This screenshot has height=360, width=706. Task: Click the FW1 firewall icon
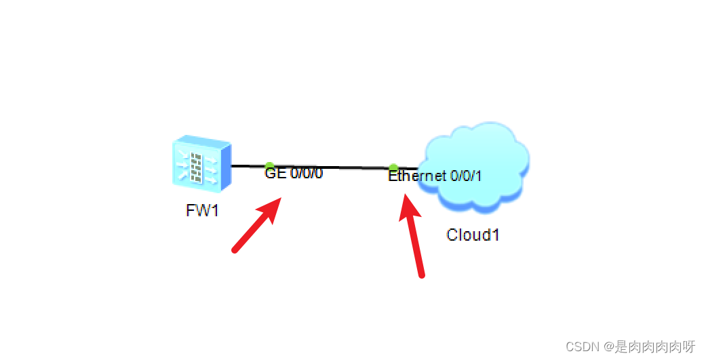click(x=201, y=165)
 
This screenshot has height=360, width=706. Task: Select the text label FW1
click(x=202, y=210)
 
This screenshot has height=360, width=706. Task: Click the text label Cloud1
click(x=473, y=235)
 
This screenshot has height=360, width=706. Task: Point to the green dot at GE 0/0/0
click(x=269, y=166)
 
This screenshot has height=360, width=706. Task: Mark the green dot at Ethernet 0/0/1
click(x=393, y=167)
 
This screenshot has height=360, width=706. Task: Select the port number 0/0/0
click(x=307, y=174)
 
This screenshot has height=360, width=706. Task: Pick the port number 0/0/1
click(x=466, y=176)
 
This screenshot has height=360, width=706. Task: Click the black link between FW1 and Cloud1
click(x=332, y=167)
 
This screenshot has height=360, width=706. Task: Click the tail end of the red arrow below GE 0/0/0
click(x=235, y=250)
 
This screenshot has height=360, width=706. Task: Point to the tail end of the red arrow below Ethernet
click(x=422, y=275)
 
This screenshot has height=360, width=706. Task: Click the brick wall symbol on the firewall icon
click(x=197, y=166)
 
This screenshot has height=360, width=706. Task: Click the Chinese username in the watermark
click(x=654, y=347)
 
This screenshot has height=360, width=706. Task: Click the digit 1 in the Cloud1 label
click(x=496, y=235)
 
